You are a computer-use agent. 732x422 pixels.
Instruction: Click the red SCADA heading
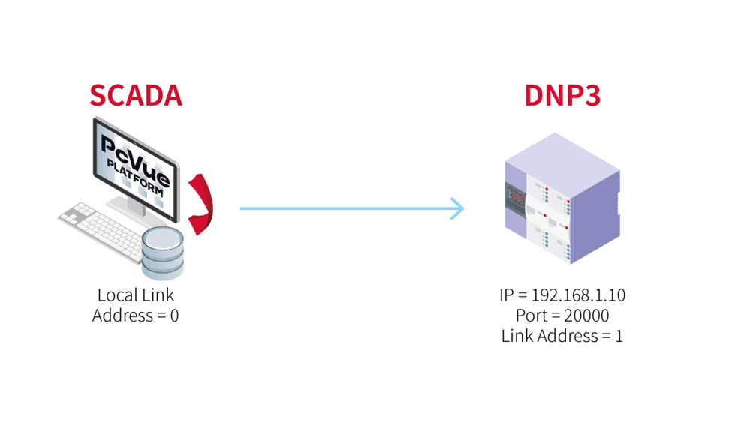coord(135,96)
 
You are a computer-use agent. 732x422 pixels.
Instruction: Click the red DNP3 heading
coord(562,96)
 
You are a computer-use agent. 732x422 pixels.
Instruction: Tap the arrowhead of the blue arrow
coord(457,208)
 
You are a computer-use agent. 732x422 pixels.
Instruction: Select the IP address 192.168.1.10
coord(579,295)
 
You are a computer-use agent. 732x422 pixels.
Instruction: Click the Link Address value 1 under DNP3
coord(619,336)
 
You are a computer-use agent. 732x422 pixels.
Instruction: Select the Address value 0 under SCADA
coord(174,316)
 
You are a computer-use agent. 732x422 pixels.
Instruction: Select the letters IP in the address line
coord(507,295)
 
